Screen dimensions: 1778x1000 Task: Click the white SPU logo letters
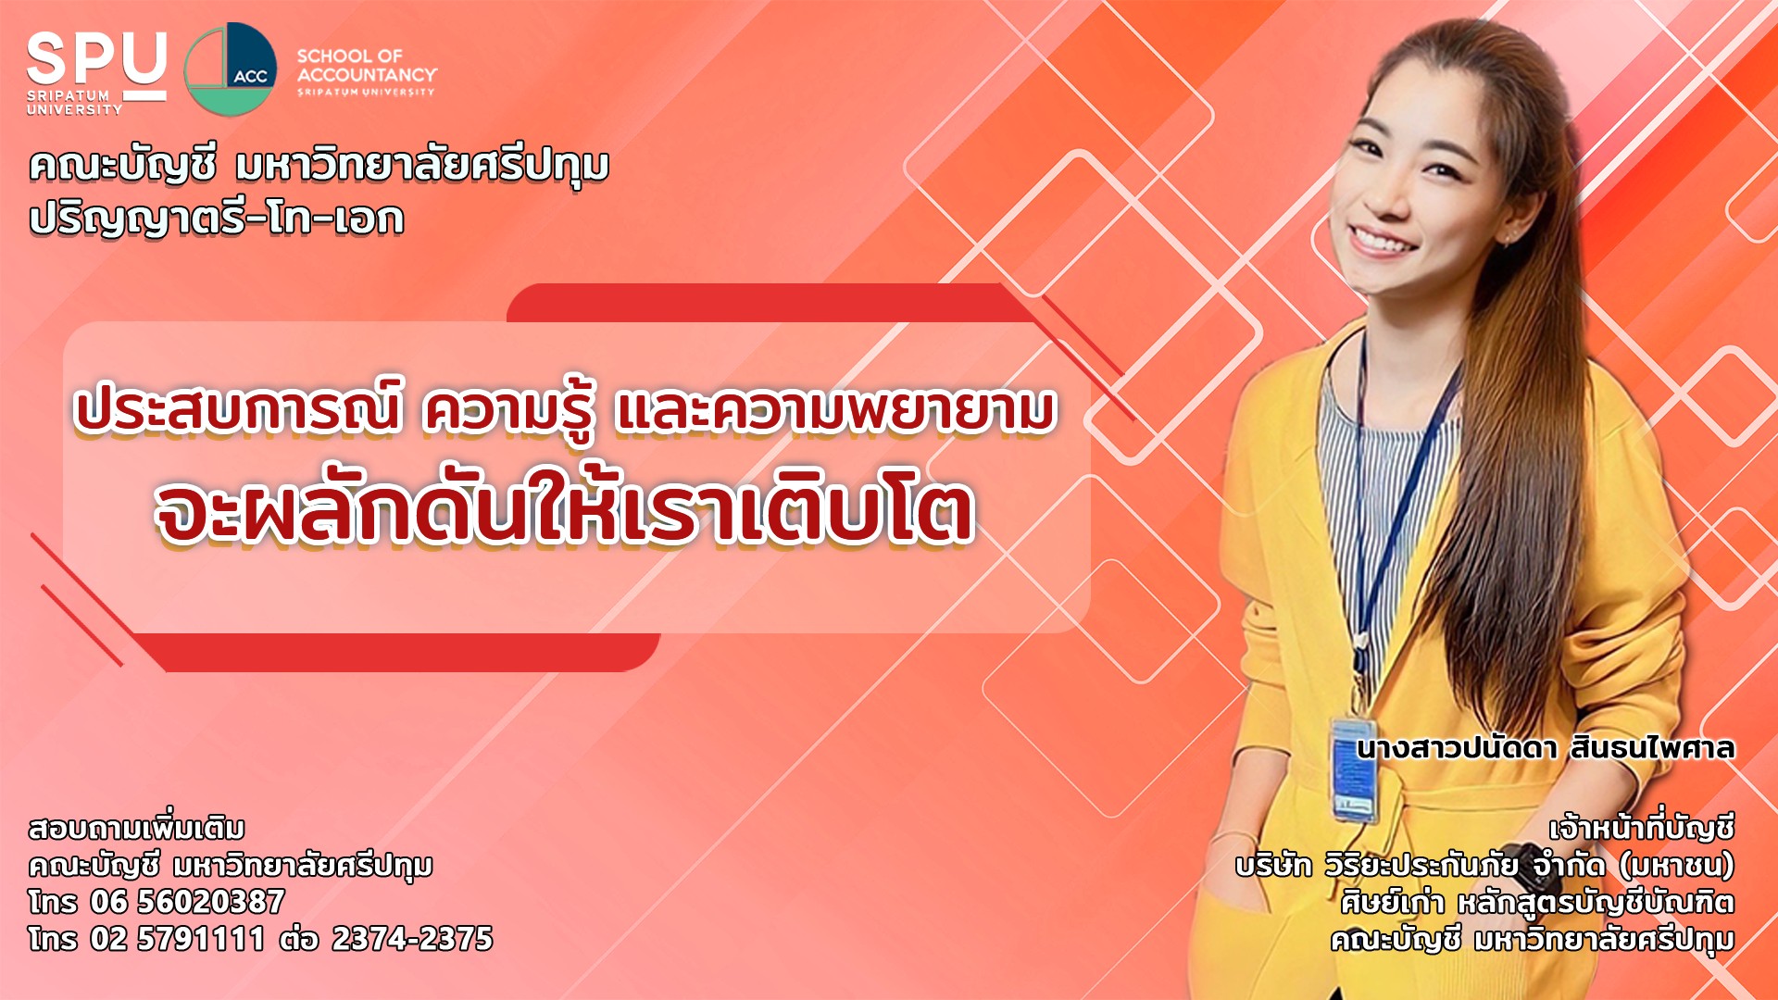tap(96, 59)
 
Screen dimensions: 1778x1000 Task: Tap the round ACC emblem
tap(231, 69)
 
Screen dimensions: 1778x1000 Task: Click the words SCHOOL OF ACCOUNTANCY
tap(367, 65)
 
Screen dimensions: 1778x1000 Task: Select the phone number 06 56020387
tap(188, 901)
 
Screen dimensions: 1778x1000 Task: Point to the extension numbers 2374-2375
tap(412, 938)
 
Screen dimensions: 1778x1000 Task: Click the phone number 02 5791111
tap(178, 938)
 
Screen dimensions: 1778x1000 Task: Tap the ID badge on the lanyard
tap(1354, 769)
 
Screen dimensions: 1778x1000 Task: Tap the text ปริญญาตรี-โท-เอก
tap(217, 219)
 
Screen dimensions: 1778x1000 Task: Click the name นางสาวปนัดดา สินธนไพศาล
tap(1545, 747)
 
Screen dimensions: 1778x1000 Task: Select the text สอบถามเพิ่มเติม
tap(137, 827)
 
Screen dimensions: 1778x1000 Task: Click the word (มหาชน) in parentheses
tap(1677, 865)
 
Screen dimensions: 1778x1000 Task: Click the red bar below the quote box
tap(398, 652)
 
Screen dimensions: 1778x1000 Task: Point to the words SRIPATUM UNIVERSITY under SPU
tap(74, 102)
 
